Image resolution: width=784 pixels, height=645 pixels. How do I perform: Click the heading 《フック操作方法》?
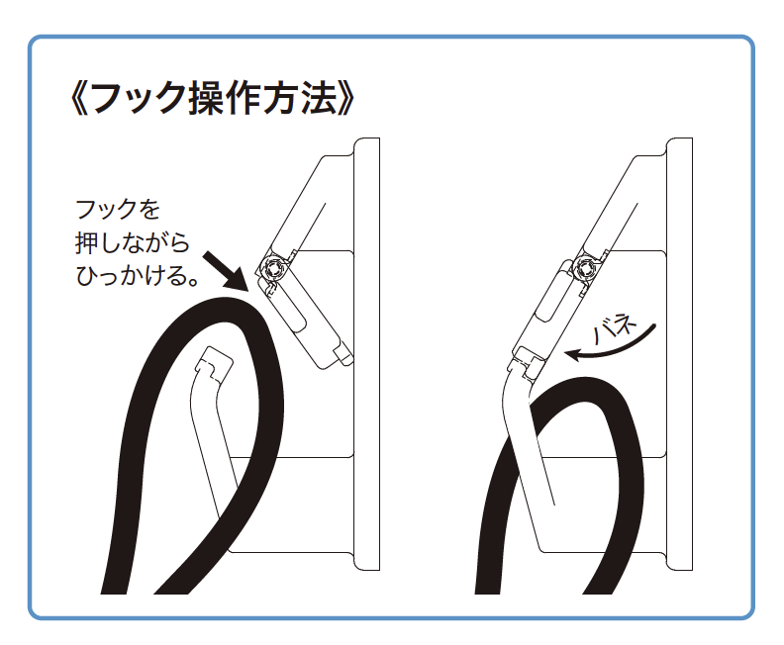213,98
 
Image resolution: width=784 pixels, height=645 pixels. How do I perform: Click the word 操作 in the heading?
225,98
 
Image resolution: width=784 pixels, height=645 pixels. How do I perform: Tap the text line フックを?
118,210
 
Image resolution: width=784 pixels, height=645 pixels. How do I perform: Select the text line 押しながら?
133,242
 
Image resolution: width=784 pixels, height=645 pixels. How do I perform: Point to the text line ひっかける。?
138,276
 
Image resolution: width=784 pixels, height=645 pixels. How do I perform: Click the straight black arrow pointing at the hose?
226,271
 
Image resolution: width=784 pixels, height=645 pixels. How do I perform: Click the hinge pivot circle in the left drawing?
274,268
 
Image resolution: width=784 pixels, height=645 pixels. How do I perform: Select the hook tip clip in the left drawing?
214,364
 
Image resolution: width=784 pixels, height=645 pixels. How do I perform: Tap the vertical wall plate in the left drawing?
367,354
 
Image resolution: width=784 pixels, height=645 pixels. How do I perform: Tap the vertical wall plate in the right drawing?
679,354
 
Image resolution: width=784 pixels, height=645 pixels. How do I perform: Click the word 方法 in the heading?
301,98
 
